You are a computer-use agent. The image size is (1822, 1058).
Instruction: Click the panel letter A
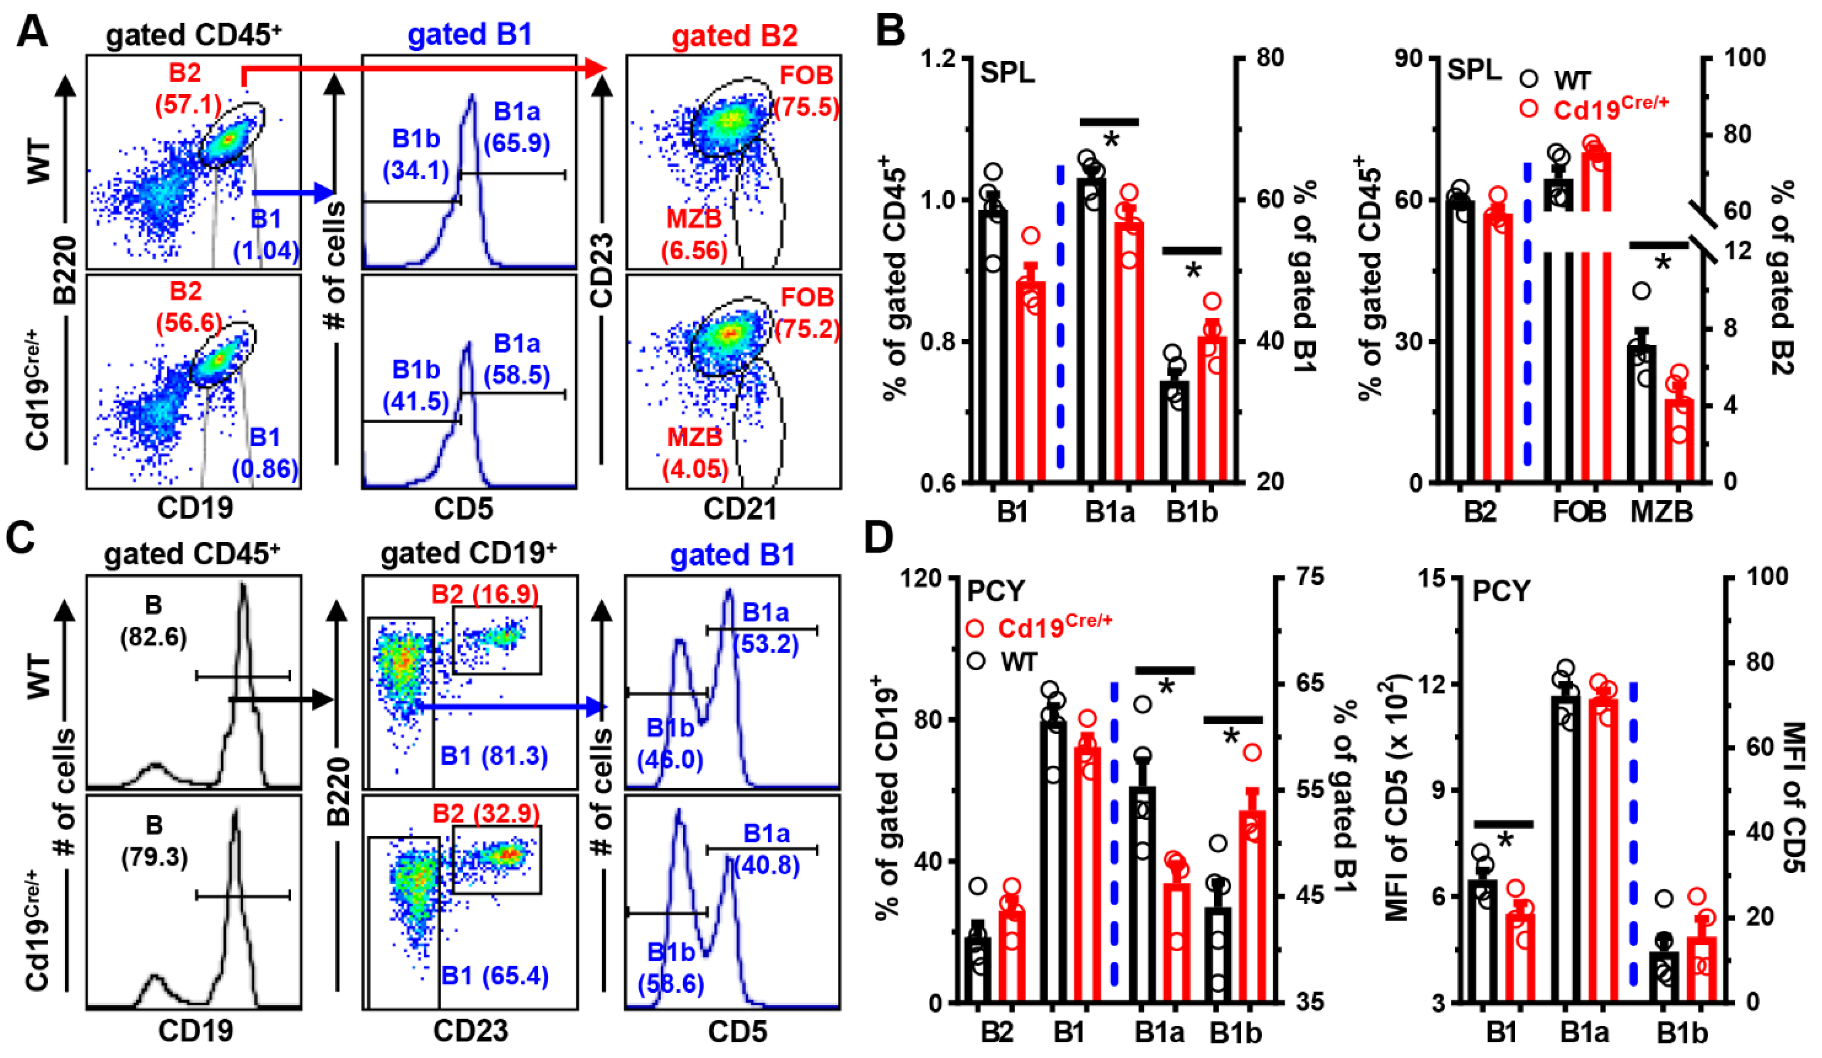pos(32,32)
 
